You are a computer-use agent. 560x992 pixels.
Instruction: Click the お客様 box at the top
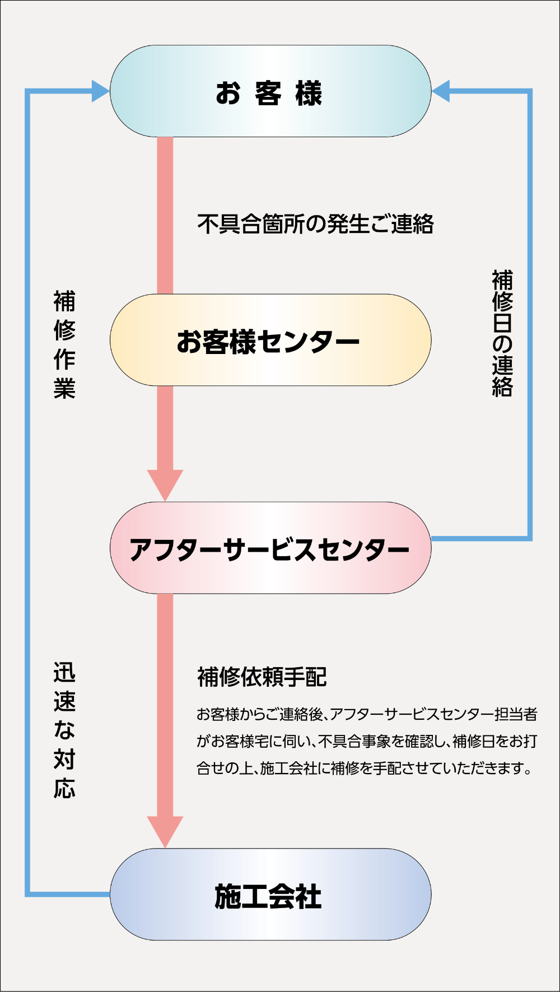(x=270, y=91)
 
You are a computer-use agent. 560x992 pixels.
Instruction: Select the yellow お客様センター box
(x=270, y=340)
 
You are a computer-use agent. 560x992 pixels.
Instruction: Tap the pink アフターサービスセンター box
(x=270, y=548)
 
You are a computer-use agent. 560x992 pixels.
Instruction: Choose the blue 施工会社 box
(x=270, y=895)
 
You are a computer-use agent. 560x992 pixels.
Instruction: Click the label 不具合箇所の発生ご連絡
(x=315, y=224)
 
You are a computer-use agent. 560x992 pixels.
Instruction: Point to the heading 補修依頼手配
(x=262, y=677)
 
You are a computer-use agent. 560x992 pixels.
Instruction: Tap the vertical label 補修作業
(x=64, y=344)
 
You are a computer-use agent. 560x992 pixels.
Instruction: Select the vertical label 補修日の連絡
(x=502, y=334)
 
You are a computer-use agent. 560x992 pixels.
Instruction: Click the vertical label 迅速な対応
(x=64, y=730)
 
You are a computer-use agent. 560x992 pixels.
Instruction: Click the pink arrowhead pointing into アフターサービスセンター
(x=165, y=483)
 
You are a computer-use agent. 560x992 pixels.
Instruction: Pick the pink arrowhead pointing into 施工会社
(x=165, y=831)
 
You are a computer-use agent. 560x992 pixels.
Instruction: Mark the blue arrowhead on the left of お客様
(x=101, y=91)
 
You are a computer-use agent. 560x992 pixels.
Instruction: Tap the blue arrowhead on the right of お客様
(x=440, y=91)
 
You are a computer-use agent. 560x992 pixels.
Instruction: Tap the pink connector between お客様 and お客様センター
(x=165, y=216)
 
